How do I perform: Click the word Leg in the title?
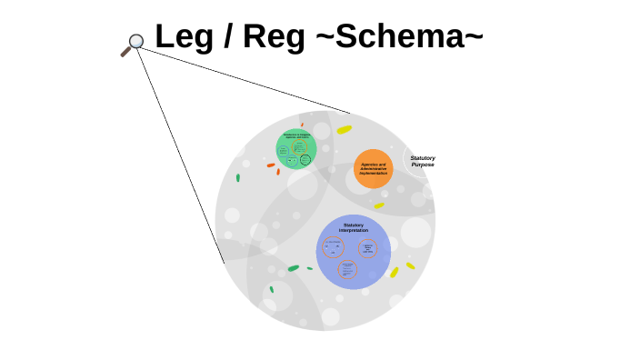tap(181, 36)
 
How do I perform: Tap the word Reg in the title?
tap(265, 36)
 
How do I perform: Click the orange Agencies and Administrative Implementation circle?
tap(373, 168)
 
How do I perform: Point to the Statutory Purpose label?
tap(422, 161)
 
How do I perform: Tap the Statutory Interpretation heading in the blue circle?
tap(353, 227)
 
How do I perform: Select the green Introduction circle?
tap(296, 148)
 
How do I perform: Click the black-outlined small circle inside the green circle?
tap(305, 160)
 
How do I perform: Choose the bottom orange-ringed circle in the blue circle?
tap(347, 269)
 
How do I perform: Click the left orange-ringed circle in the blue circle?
tap(333, 246)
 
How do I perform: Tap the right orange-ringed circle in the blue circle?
tap(368, 248)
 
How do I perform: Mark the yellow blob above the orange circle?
tap(345, 129)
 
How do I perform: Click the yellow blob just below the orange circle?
tap(379, 206)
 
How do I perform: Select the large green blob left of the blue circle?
tap(293, 268)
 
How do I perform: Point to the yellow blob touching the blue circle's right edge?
tap(395, 272)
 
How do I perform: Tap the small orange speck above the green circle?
tap(302, 125)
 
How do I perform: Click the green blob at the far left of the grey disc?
tap(238, 177)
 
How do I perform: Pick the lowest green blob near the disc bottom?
tap(271, 290)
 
